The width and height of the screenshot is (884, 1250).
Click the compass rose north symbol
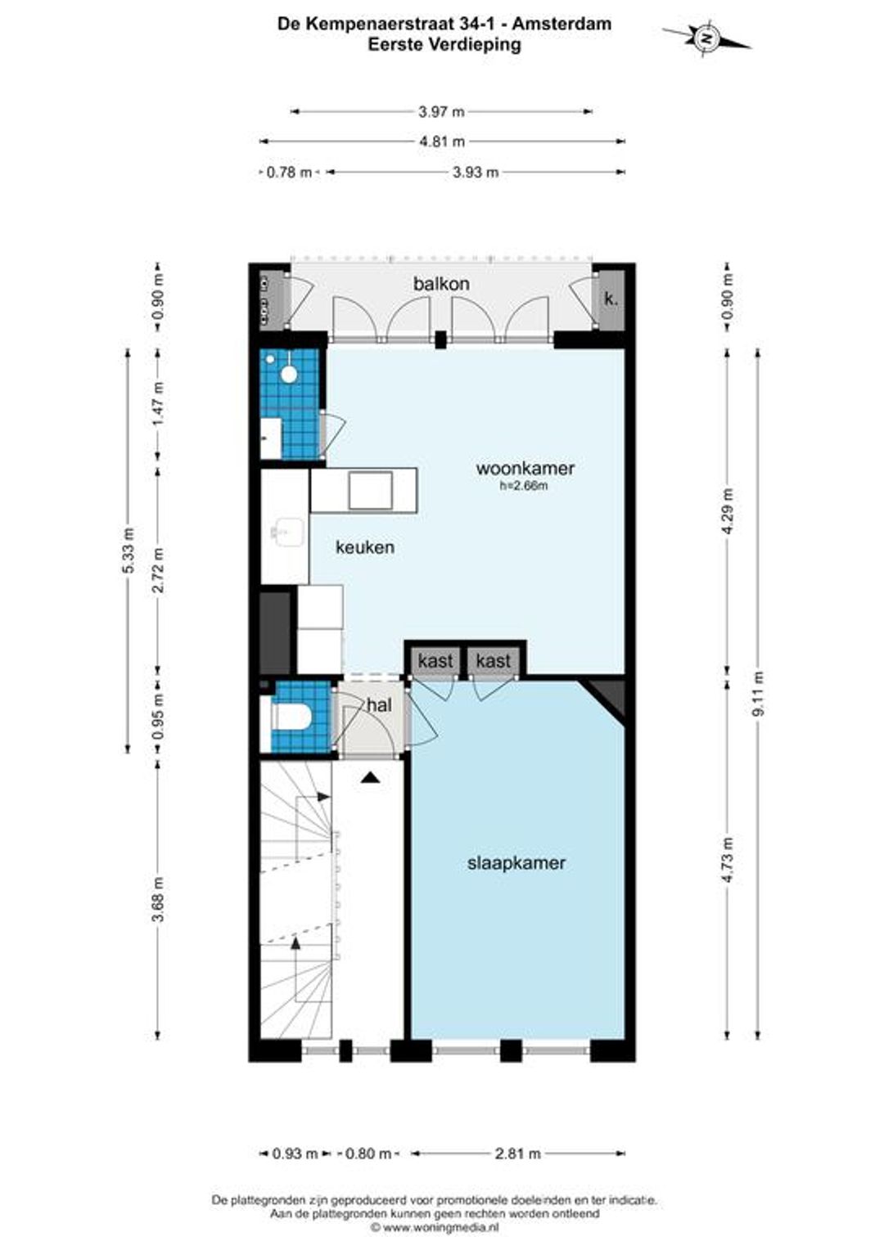(x=707, y=38)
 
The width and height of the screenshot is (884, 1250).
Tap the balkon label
(x=441, y=284)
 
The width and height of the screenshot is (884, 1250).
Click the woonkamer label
(x=525, y=468)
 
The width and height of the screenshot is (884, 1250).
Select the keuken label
(x=365, y=546)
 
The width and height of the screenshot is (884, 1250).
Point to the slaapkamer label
(x=516, y=863)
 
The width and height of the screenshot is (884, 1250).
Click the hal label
(x=380, y=705)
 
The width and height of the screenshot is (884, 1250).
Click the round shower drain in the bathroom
(x=289, y=374)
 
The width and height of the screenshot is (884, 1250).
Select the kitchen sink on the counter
(x=288, y=532)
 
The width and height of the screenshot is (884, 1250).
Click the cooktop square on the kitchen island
(x=371, y=491)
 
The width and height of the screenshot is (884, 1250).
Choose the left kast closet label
(x=435, y=661)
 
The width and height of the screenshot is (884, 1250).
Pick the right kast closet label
(x=494, y=661)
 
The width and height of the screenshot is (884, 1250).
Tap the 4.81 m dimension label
(x=442, y=142)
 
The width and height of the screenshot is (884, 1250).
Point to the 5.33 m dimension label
(x=129, y=551)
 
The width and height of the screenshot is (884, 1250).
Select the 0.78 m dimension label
(x=289, y=172)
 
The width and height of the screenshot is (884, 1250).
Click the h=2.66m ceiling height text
(x=524, y=485)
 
